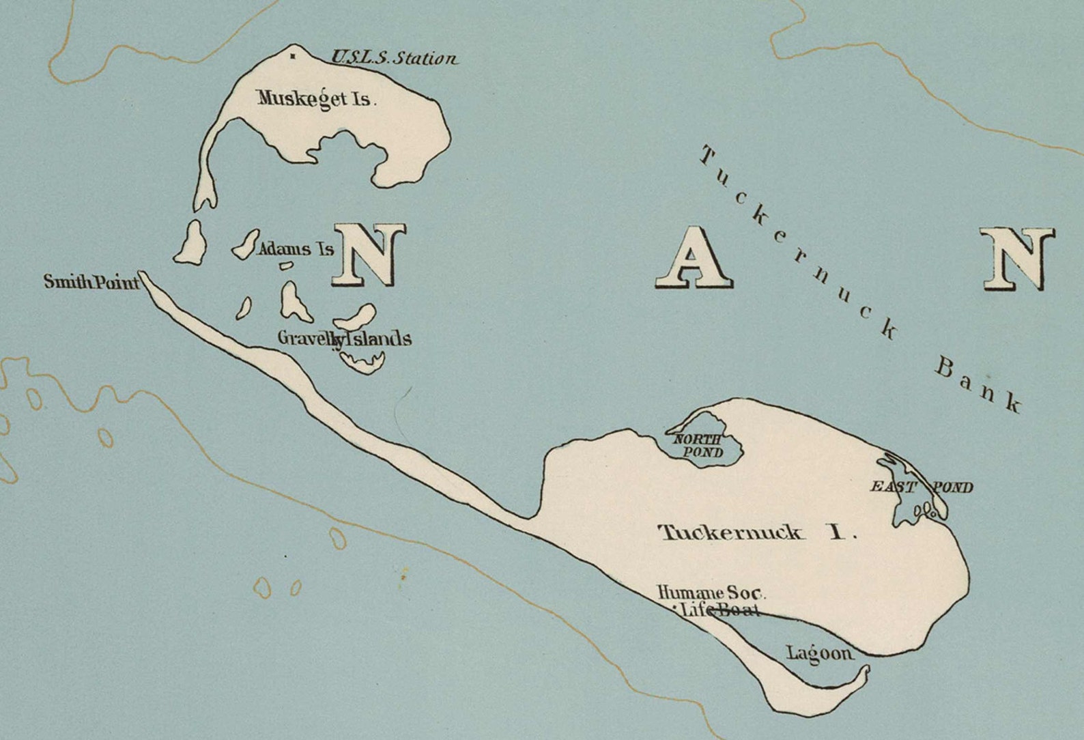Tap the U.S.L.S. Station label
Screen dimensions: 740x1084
point(394,58)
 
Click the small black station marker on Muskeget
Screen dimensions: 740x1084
point(293,56)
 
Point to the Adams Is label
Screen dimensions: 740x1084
point(296,249)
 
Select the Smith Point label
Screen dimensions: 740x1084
point(91,281)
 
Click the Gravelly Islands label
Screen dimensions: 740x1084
point(344,338)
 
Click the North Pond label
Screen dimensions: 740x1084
point(698,446)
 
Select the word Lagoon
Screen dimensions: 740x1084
point(819,653)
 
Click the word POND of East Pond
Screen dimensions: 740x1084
point(953,487)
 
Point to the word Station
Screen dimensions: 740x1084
point(427,59)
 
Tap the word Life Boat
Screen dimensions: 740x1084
point(720,610)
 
